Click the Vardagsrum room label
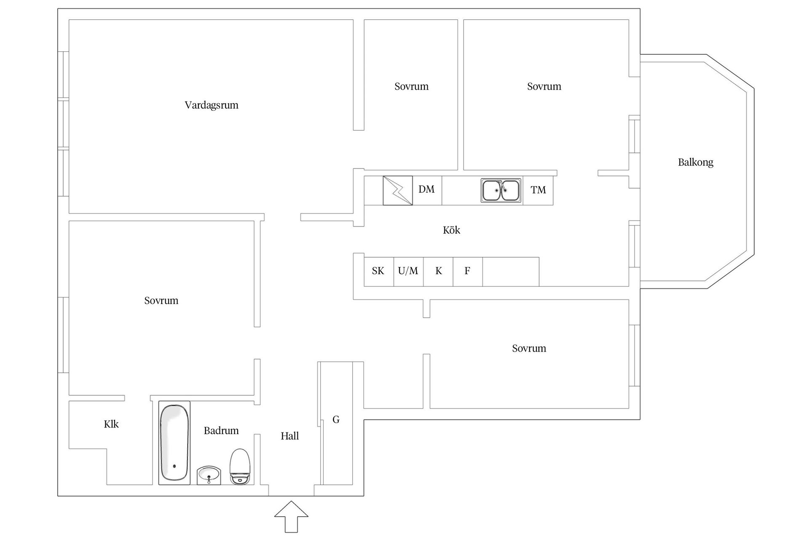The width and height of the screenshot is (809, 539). (x=212, y=105)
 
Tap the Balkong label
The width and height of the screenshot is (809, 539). (x=696, y=162)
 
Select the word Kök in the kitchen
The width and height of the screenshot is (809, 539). (x=452, y=230)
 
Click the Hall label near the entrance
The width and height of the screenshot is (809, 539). (x=290, y=436)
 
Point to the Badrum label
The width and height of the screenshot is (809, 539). (x=221, y=430)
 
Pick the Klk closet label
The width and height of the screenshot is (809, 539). (x=111, y=424)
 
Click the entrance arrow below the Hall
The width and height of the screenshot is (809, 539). (x=291, y=516)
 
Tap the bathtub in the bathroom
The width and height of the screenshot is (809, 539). (x=174, y=443)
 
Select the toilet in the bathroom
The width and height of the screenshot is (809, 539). (x=240, y=467)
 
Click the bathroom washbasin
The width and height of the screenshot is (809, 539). (x=209, y=475)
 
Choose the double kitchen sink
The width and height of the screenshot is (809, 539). (x=501, y=190)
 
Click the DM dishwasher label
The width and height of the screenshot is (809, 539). (x=426, y=189)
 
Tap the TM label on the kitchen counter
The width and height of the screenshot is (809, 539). (x=538, y=190)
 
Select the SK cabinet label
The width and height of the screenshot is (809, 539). (x=378, y=271)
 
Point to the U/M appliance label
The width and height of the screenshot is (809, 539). (x=408, y=271)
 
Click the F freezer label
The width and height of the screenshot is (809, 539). (x=467, y=271)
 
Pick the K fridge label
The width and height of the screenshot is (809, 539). (x=439, y=271)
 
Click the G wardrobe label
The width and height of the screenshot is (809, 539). (x=336, y=419)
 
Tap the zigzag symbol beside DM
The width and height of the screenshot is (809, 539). (x=398, y=191)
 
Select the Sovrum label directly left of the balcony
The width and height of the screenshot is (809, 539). (x=544, y=86)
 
